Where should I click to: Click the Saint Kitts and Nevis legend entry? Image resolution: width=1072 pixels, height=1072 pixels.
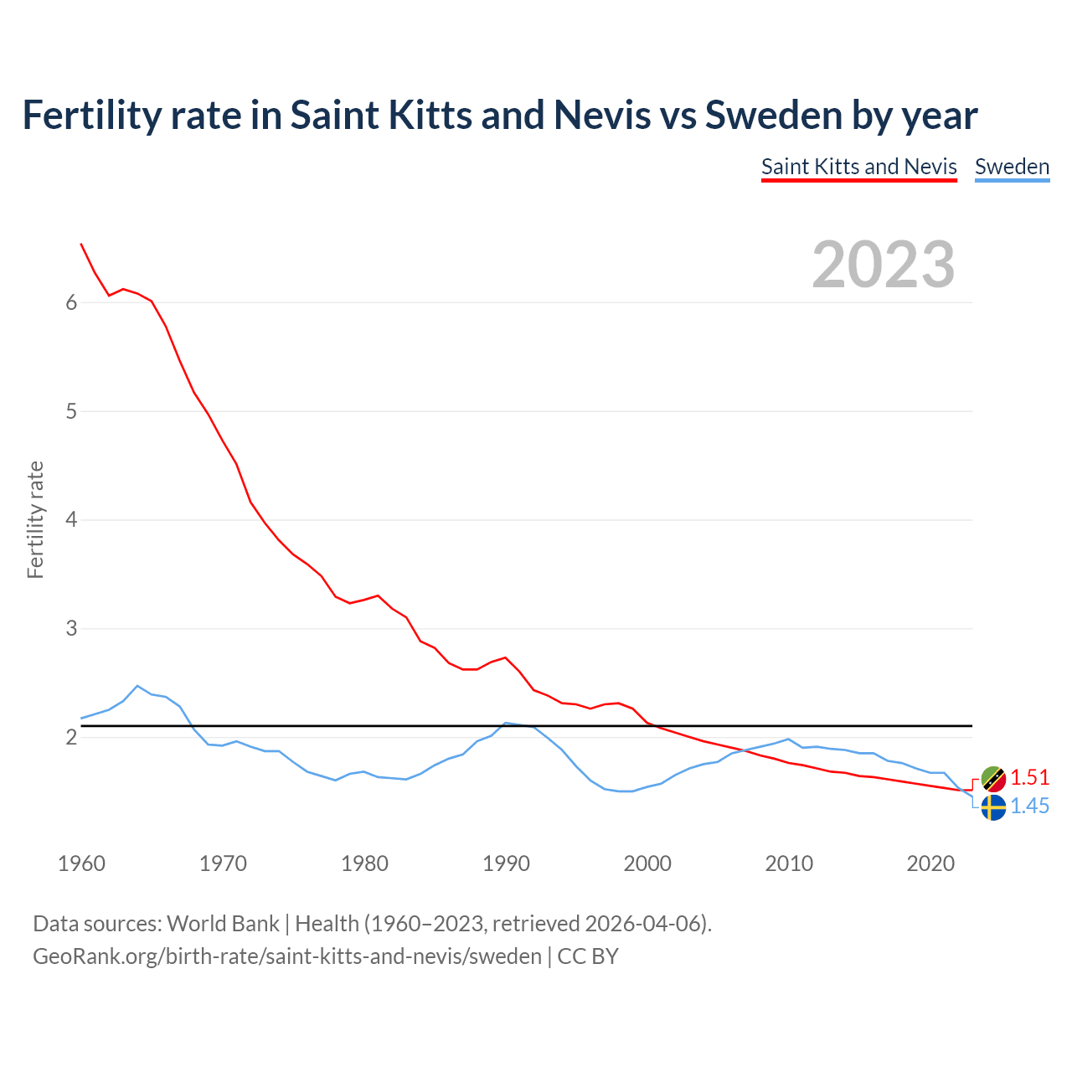(x=858, y=167)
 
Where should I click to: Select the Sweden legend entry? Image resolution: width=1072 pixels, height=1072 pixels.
(x=1012, y=167)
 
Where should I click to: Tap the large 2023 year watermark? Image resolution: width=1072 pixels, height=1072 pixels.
(x=883, y=265)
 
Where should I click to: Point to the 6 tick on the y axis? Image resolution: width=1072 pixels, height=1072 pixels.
(x=71, y=302)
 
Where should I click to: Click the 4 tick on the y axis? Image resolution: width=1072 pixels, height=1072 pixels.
(x=71, y=520)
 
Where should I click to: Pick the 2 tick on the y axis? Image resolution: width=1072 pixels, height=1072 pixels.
(x=71, y=738)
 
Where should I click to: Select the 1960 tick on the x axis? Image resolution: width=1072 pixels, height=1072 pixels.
(x=81, y=863)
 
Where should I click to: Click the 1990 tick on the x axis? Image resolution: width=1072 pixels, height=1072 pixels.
(x=506, y=863)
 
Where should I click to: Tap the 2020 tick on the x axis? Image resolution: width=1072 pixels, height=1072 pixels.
(x=930, y=863)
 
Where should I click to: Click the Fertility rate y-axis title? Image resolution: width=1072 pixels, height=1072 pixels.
(x=35, y=519)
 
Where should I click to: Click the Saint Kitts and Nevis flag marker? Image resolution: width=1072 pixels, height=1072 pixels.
(x=993, y=779)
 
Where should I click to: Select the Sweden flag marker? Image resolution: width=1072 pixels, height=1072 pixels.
(x=993, y=807)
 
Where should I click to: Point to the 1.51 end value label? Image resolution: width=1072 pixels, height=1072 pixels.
(x=1030, y=777)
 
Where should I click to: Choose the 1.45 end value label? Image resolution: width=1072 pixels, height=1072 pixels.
(x=1030, y=806)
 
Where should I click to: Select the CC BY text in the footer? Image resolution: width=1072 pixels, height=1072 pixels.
(x=588, y=956)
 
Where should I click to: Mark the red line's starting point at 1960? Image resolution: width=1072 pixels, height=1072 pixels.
(x=81, y=244)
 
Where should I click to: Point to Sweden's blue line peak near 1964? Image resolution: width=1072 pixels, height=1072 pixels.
(x=137, y=686)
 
